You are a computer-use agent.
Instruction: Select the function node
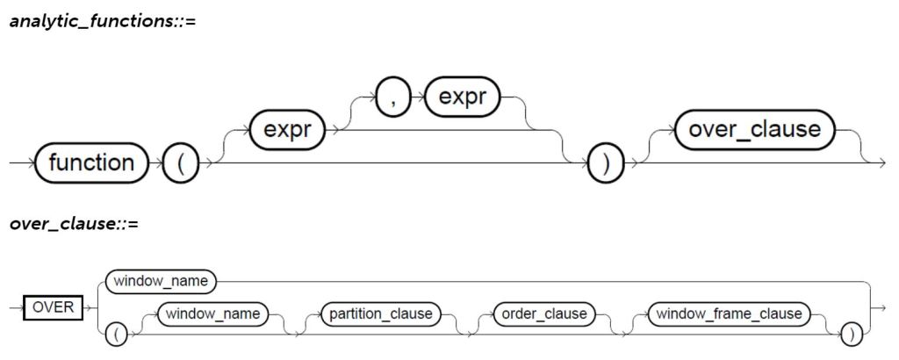[92, 163]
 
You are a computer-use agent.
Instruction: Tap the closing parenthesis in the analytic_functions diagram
[604, 165]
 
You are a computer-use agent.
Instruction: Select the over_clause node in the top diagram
[755, 131]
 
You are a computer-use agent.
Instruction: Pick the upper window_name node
[160, 283]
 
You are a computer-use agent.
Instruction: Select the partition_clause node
[379, 313]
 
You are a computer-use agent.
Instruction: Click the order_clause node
[542, 313]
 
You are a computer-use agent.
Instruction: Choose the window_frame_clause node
[728, 313]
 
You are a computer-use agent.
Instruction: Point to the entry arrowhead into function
[28, 164]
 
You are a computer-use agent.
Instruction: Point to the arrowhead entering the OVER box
[18, 309]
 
